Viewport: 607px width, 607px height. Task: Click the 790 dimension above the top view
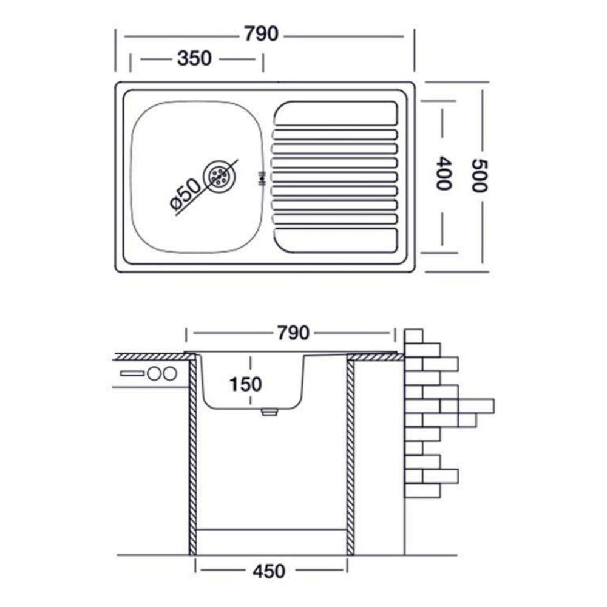(262, 35)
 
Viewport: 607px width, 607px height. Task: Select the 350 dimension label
(194, 59)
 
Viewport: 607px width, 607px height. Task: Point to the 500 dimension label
(480, 175)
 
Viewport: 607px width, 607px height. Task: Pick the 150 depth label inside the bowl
(246, 384)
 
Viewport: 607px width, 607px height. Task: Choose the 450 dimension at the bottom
(270, 571)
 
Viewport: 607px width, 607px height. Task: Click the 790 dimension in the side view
(293, 333)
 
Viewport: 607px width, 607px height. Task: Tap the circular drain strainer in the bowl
(219, 175)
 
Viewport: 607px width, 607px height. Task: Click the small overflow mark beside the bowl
(262, 177)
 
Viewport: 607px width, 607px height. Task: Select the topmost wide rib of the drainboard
(336, 114)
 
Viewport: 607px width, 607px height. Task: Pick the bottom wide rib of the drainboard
(336, 239)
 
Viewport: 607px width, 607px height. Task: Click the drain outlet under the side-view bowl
(268, 412)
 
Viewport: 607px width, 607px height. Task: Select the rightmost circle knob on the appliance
(170, 373)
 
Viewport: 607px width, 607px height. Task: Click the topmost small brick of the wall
(413, 336)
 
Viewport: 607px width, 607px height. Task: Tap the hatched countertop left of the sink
(149, 356)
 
